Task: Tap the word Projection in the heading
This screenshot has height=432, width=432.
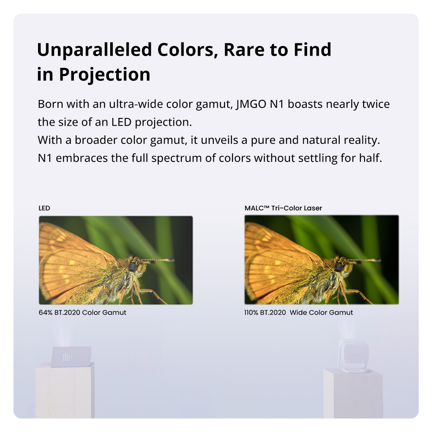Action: tap(105, 74)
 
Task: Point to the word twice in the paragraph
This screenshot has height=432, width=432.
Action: tap(373, 105)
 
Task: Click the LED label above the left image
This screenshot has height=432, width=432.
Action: tap(44, 208)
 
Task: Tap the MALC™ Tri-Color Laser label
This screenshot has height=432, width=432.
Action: tap(283, 208)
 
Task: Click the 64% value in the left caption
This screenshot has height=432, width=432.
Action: tap(45, 312)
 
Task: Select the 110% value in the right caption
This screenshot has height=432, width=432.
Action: tap(251, 312)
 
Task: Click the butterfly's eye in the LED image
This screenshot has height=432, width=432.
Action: tap(132, 267)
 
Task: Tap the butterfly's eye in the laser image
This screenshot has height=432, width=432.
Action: tap(338, 267)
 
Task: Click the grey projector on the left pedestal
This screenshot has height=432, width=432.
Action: tap(71, 357)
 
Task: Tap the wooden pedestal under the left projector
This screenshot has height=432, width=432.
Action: tap(65, 391)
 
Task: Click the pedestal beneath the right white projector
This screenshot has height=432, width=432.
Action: tap(353, 393)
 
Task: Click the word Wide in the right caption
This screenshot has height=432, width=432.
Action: tap(299, 312)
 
